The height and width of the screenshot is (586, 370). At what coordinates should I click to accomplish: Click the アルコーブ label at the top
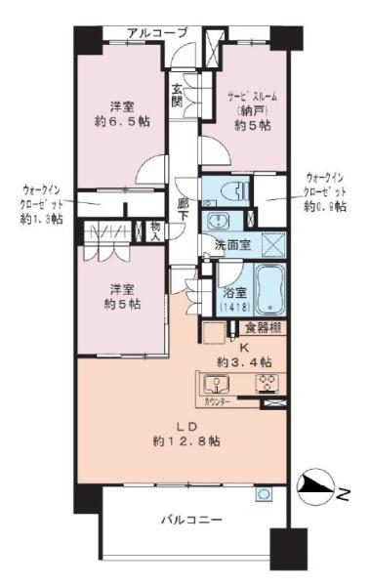click(156, 33)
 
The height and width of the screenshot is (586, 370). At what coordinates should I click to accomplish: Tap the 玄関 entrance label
click(178, 94)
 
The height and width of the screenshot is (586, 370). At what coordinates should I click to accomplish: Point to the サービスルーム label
click(238, 97)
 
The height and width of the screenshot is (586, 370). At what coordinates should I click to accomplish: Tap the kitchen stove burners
click(267, 382)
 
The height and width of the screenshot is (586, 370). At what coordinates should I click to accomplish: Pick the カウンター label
click(219, 401)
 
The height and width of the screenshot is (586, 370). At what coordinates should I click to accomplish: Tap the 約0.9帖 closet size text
click(324, 206)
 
